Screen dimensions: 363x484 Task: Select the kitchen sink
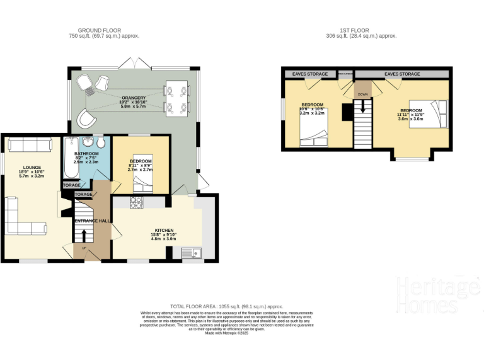pos(191,253)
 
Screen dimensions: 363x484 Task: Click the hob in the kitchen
pos(137,202)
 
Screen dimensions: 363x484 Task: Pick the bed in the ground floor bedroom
pos(143,183)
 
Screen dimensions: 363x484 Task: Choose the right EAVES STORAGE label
pos(402,74)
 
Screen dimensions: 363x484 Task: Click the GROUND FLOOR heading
pos(99,30)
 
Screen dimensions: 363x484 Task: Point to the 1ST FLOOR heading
pos(360,30)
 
